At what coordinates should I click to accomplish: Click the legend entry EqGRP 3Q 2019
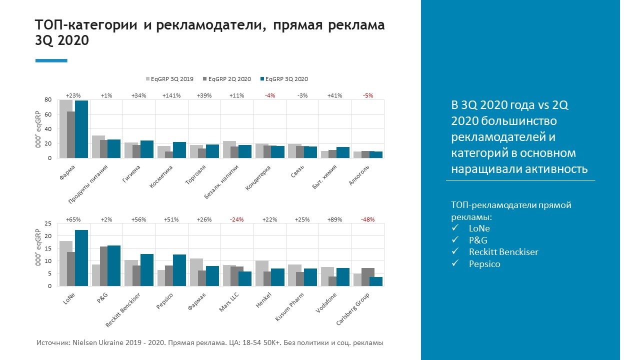coord(169,79)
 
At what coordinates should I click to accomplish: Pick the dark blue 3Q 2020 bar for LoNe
coord(81,258)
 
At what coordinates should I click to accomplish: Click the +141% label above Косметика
coord(171,95)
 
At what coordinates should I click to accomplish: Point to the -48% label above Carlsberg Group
coord(367,219)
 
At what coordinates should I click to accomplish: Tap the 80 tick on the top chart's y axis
coord(48,100)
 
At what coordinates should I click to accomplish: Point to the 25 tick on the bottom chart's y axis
coord(48,223)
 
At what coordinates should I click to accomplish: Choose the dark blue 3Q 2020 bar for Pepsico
coord(179,270)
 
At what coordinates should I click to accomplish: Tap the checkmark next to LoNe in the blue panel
coord(454,228)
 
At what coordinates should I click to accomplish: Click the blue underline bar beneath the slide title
coord(51,60)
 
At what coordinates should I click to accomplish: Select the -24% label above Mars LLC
coord(237,219)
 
